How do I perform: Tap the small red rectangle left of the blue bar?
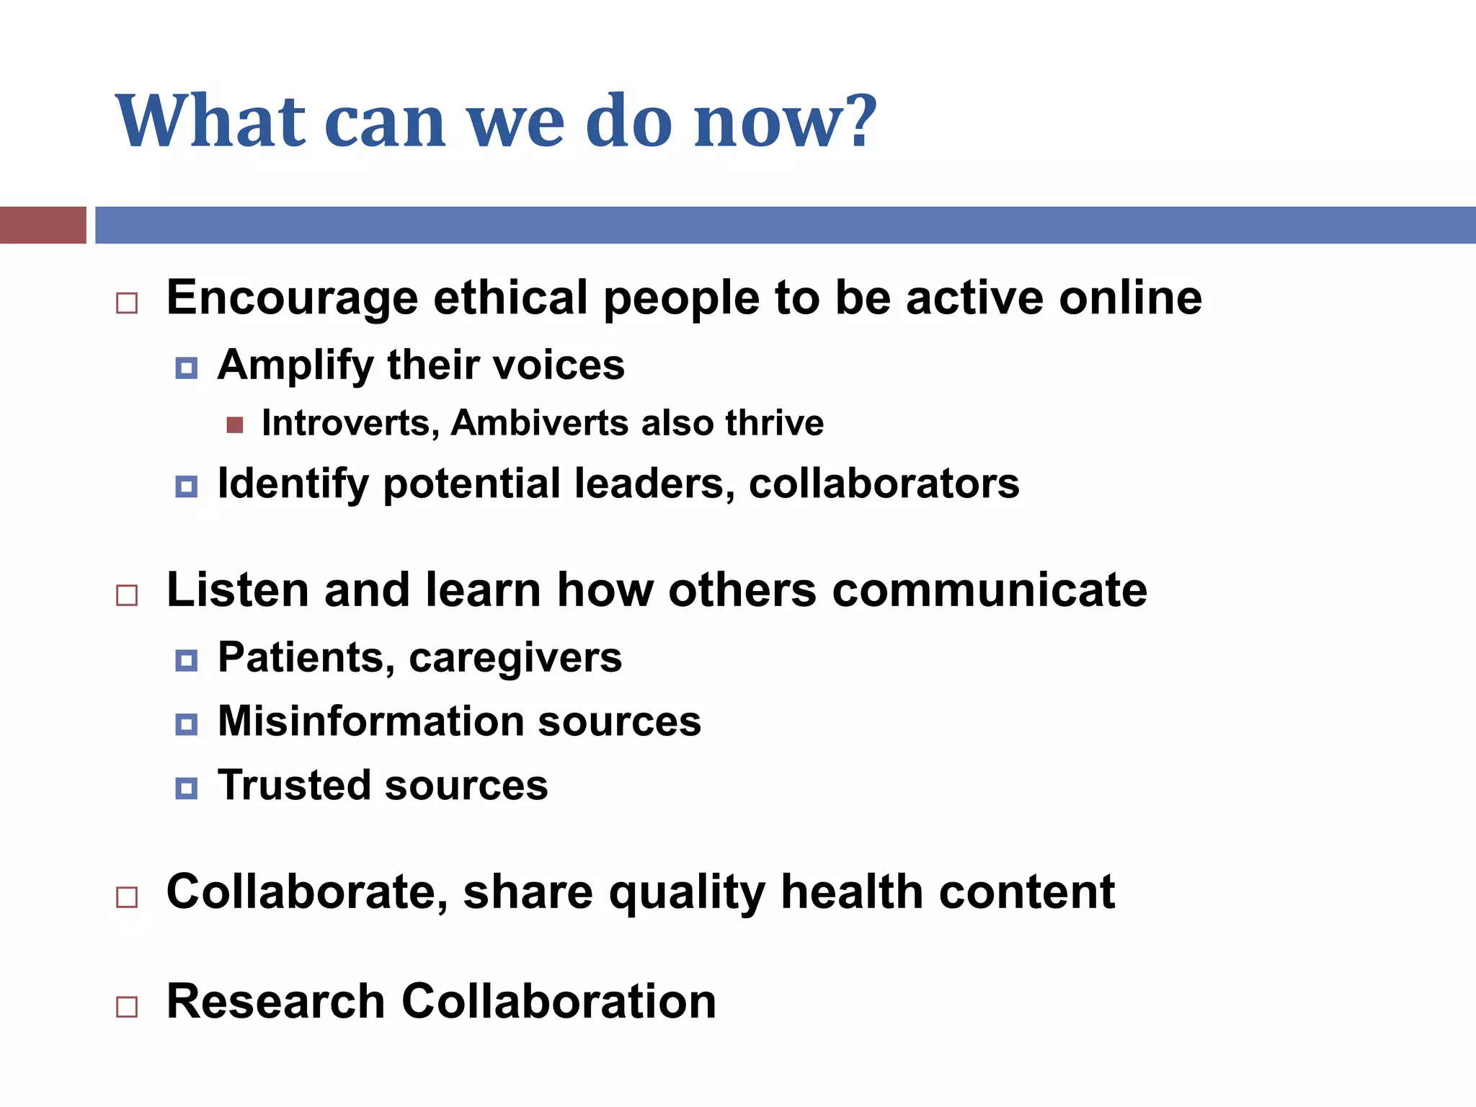pyautogui.click(x=43, y=225)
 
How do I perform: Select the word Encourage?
pyautogui.click(x=292, y=298)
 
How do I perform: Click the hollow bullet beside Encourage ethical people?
pyautogui.click(x=127, y=303)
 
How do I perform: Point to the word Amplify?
pyautogui.click(x=295, y=365)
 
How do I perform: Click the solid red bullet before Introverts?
pyautogui.click(x=234, y=424)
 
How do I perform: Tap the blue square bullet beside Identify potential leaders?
pyautogui.click(x=186, y=486)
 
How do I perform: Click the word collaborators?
pyautogui.click(x=884, y=484)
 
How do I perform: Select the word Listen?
pyautogui.click(x=237, y=590)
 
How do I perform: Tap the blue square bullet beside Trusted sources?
pyautogui.click(x=186, y=788)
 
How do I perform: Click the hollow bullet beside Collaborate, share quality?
pyautogui.click(x=127, y=897)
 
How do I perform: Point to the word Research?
pyautogui.click(x=275, y=1002)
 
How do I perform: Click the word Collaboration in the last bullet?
pyautogui.click(x=559, y=1002)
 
